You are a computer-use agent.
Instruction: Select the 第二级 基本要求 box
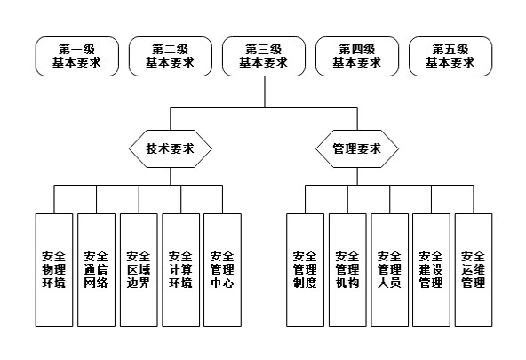[170, 56]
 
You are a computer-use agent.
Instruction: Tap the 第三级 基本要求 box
[263, 56]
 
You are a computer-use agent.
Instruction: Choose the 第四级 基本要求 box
[356, 56]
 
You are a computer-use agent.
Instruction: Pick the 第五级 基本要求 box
[450, 56]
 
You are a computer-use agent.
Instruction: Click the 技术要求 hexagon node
[170, 148]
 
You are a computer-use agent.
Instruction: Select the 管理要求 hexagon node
[356, 148]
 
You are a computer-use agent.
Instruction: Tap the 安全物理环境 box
[53, 269]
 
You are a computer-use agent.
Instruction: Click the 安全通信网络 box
[95, 269]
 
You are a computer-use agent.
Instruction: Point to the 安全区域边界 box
[138, 269]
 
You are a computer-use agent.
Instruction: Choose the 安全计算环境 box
[180, 269]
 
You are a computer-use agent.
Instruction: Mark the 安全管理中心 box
[222, 269]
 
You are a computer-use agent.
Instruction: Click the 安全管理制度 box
[305, 269]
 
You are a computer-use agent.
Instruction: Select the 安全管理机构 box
[347, 269]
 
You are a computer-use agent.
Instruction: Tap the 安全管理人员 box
[389, 269]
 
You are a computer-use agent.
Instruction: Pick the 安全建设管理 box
[431, 269]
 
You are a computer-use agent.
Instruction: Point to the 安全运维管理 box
[473, 269]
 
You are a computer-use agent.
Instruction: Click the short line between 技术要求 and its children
[170, 176]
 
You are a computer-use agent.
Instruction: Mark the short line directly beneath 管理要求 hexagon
[356, 176]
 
